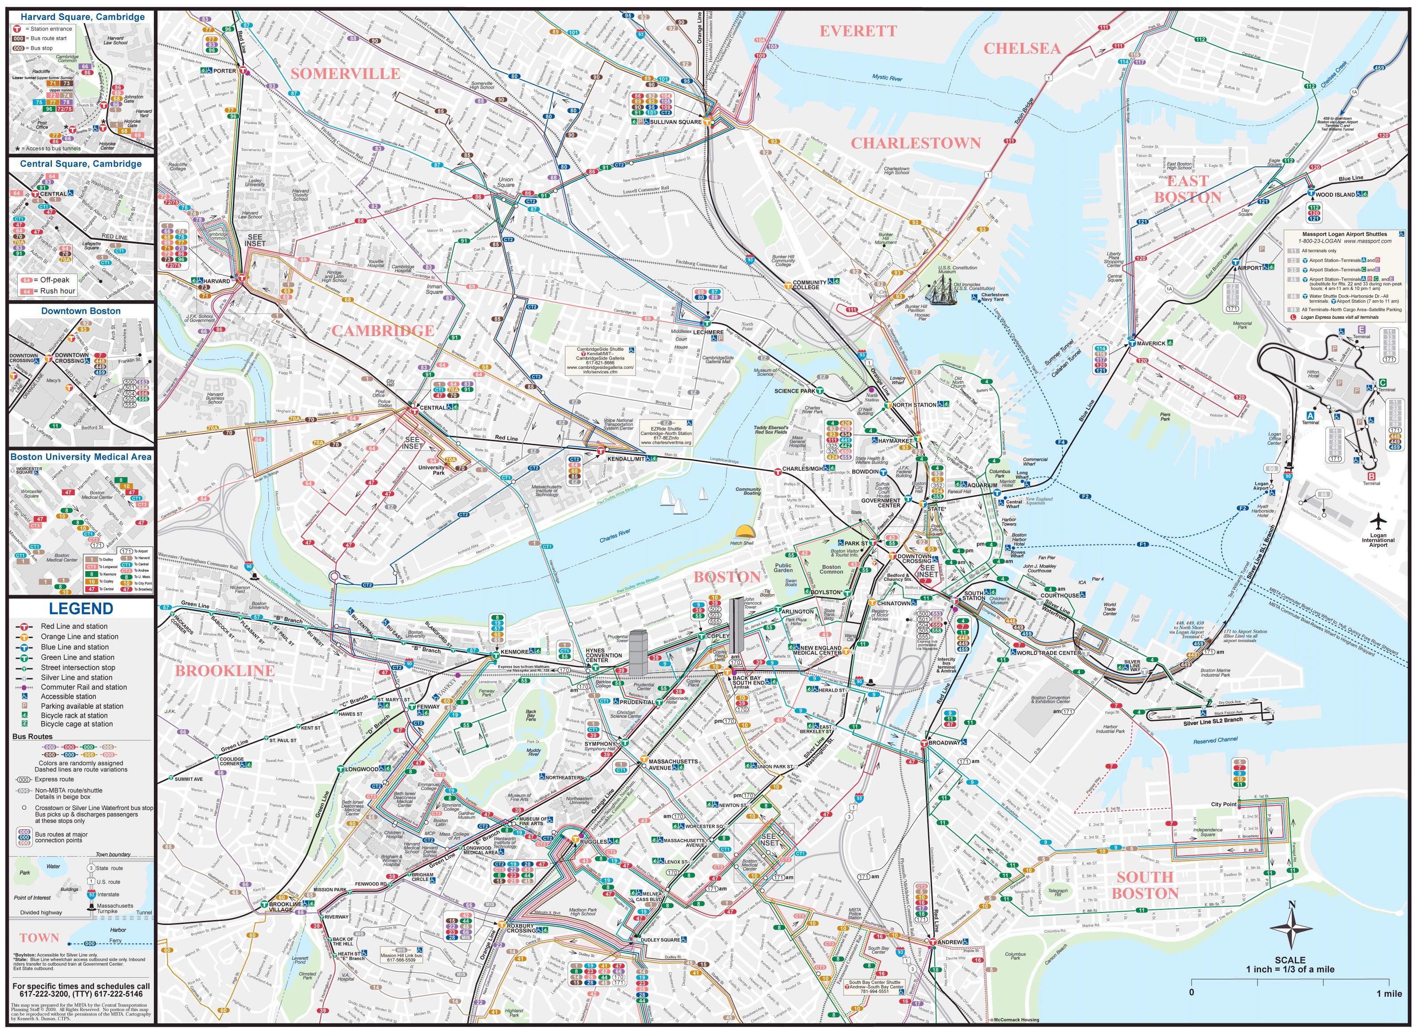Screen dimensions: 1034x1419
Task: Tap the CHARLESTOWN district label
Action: pos(915,143)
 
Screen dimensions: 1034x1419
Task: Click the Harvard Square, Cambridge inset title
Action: pos(82,17)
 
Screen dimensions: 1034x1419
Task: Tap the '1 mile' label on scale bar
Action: pos(1388,993)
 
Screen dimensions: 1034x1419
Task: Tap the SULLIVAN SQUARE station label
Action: pos(675,122)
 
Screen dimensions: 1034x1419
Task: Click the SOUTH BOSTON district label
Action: pos(1145,885)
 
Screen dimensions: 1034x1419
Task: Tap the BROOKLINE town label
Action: pos(225,670)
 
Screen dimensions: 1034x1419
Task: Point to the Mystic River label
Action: pos(887,78)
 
